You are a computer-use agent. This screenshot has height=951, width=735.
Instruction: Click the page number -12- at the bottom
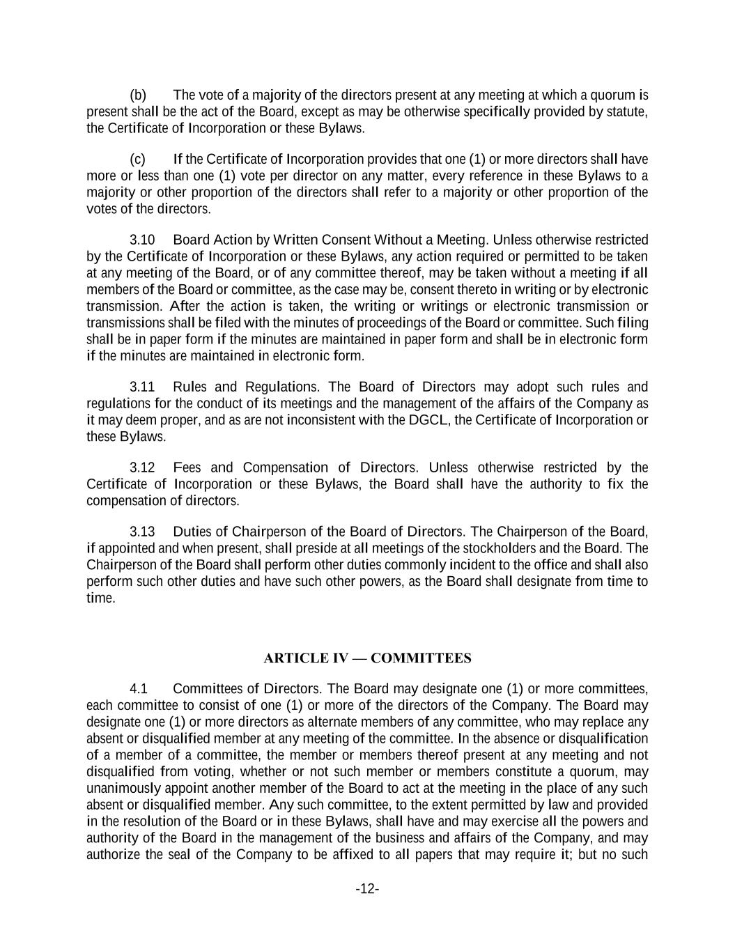coord(367,889)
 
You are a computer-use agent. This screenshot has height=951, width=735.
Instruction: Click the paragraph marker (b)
coord(138,95)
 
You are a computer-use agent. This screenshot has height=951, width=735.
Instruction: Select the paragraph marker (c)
coord(138,159)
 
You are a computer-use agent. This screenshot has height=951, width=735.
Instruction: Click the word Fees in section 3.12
coord(187,467)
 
